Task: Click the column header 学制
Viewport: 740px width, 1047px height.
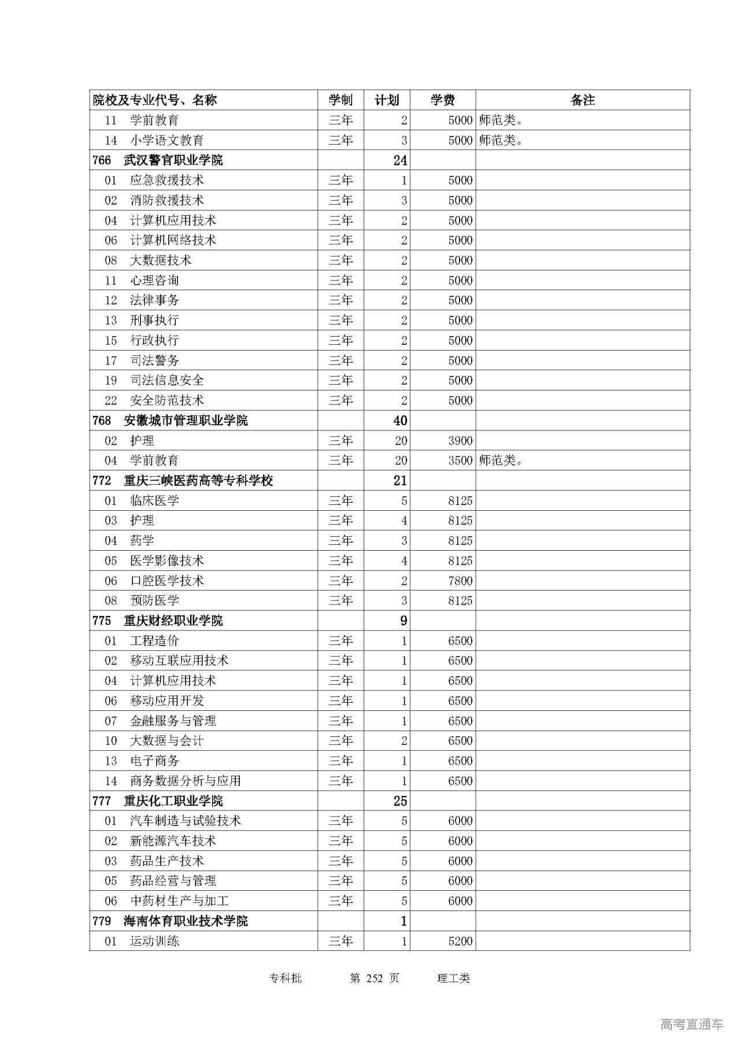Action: click(341, 100)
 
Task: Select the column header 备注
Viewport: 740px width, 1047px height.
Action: click(582, 100)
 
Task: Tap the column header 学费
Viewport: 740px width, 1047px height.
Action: click(442, 100)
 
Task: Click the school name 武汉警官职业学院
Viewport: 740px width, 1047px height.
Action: click(173, 160)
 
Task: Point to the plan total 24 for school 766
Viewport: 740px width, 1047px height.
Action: click(400, 160)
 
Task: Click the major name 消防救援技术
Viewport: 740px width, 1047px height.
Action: click(167, 200)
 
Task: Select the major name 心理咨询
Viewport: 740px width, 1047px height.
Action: click(154, 281)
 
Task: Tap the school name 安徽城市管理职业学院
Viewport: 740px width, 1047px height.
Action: click(186, 421)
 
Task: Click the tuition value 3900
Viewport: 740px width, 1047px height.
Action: click(460, 441)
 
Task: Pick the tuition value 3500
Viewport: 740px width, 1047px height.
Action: click(460, 460)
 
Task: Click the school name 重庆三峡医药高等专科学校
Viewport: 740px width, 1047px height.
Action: click(198, 481)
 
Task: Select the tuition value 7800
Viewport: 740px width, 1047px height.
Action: click(460, 581)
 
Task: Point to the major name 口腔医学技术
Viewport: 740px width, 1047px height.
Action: click(167, 581)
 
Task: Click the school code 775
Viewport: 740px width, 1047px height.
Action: click(102, 621)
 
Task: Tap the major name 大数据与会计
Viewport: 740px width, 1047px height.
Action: click(167, 741)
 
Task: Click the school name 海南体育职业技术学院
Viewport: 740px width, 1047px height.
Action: click(186, 921)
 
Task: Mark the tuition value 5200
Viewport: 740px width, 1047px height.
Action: click(460, 941)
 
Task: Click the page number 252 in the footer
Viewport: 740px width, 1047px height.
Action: click(375, 978)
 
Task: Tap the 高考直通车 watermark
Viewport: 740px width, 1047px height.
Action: click(691, 1024)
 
